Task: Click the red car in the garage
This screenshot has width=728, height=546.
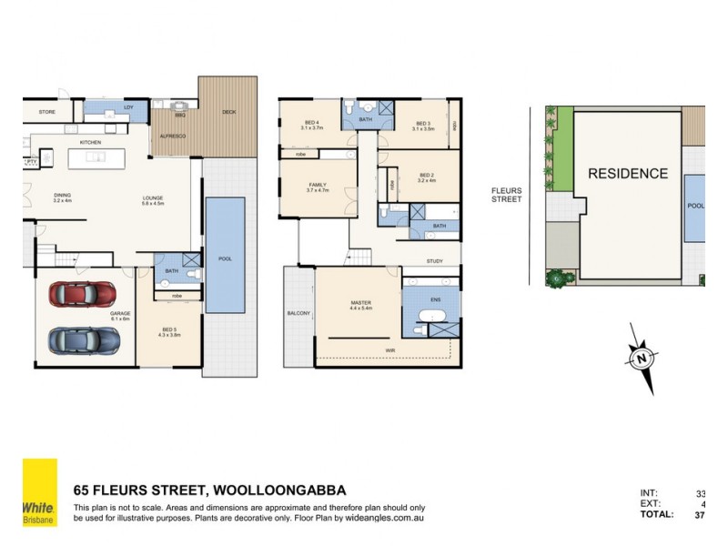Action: point(83,294)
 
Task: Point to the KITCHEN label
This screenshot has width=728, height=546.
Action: point(89,143)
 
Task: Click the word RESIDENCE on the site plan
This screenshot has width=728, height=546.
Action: point(627,174)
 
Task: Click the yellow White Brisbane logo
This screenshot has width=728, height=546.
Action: point(39,491)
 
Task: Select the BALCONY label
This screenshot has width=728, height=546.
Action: point(298,313)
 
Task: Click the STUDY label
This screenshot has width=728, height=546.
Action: point(436,262)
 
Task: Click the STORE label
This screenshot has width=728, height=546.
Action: point(47,113)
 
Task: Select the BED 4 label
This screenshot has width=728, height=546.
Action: point(311,123)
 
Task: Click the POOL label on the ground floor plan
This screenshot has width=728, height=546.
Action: point(224,258)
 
